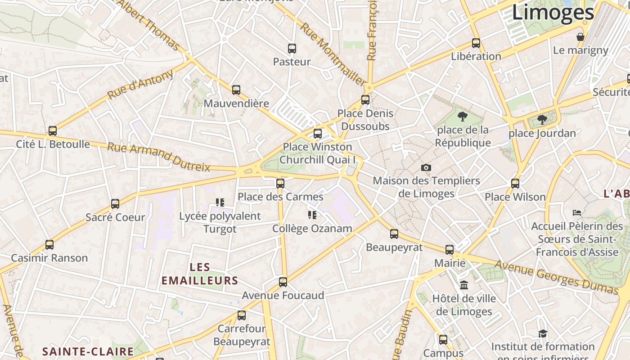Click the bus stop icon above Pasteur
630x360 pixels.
(x=292, y=49)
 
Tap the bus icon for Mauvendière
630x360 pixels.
(x=236, y=90)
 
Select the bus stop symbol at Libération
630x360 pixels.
(x=476, y=43)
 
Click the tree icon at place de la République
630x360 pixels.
(x=462, y=117)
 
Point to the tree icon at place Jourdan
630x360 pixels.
(x=542, y=120)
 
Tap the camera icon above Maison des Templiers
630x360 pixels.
(x=426, y=168)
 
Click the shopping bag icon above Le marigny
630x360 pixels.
(x=580, y=37)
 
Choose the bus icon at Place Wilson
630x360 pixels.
(x=515, y=184)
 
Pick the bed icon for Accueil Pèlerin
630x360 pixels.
(x=577, y=212)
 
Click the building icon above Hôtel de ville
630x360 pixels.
(x=464, y=285)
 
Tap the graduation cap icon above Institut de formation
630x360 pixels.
(x=543, y=333)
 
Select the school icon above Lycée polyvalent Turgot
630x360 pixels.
(x=220, y=202)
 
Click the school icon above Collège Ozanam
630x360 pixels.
(x=312, y=215)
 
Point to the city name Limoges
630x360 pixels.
(x=553, y=13)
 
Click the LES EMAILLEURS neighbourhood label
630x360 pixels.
(x=200, y=274)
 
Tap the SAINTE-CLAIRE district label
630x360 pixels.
(x=88, y=351)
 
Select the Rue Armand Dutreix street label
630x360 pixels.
(x=159, y=157)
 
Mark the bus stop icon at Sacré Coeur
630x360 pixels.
(x=115, y=204)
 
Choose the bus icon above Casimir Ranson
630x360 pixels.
(x=49, y=245)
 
